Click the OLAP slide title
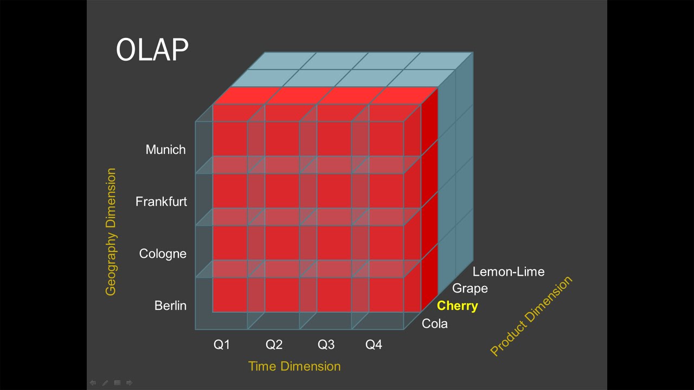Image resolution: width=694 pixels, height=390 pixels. tap(152, 50)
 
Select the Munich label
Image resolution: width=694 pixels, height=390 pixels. tap(165, 149)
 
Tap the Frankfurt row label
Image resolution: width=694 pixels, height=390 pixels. tap(161, 201)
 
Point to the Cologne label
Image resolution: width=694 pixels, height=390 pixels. tap(163, 253)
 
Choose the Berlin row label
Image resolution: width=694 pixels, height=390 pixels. tap(170, 305)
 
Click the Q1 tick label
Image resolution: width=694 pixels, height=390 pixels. tap(222, 344)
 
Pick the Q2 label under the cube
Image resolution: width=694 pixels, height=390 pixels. tap(274, 344)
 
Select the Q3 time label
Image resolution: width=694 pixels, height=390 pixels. tap(326, 344)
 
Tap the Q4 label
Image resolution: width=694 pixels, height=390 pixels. tap(374, 344)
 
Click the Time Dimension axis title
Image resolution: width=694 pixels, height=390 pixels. tap(294, 366)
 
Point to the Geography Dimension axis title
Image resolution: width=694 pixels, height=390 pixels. tap(111, 232)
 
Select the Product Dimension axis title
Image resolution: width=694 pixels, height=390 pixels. tap(531, 316)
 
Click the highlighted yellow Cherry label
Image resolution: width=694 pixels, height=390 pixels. tap(457, 305)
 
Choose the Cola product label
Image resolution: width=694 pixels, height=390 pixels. tap(434, 324)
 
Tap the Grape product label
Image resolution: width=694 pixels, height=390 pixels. tap(470, 288)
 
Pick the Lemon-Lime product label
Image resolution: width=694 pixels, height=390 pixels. tap(508, 271)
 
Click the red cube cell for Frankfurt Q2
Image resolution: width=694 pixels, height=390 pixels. tap(282, 191)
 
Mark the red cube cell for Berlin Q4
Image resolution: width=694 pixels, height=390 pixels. tap(386, 295)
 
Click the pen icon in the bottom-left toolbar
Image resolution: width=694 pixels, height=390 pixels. tap(105, 383)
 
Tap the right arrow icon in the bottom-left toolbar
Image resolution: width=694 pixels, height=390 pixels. tap(129, 383)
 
